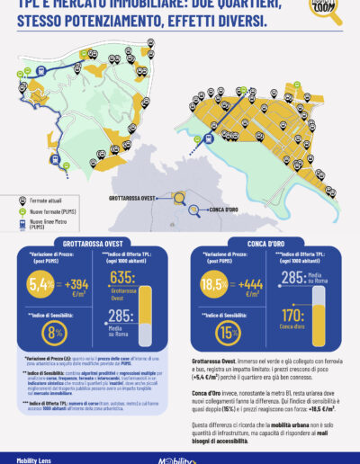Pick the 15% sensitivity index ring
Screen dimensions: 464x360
tap(227, 331)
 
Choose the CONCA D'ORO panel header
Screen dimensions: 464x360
tap(265, 242)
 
